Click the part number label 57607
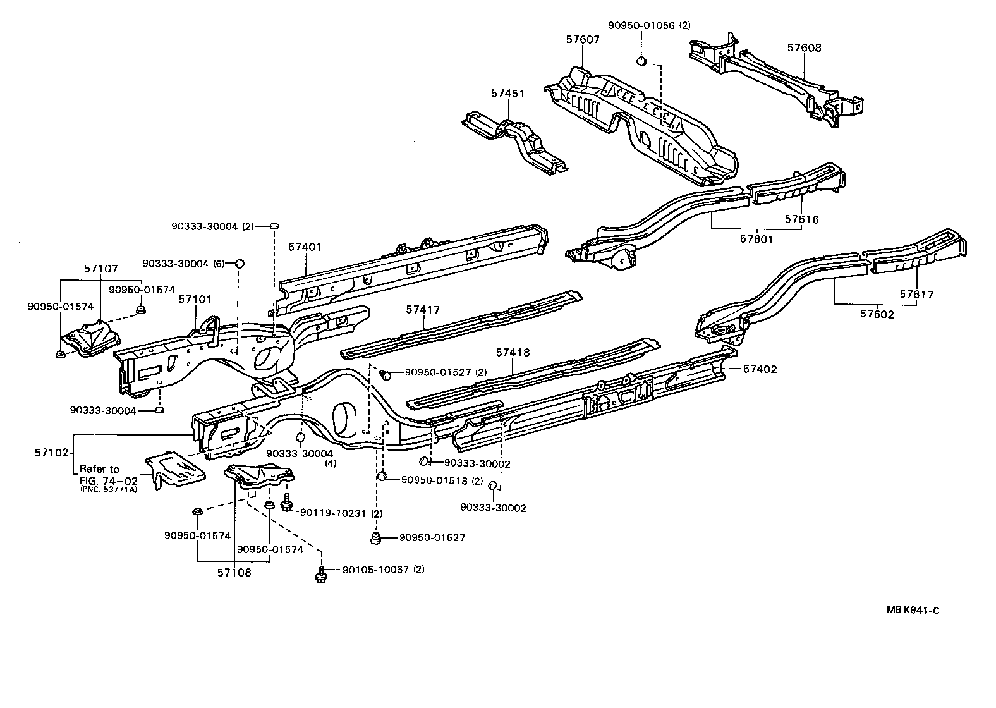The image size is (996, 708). pyautogui.click(x=583, y=40)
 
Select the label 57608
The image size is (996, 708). pyautogui.click(x=804, y=47)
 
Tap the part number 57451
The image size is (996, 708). pyautogui.click(x=507, y=94)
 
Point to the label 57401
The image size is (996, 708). pyautogui.click(x=305, y=247)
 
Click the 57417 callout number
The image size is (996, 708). pyautogui.click(x=422, y=310)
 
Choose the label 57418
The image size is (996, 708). pyautogui.click(x=513, y=353)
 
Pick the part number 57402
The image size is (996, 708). pyautogui.click(x=760, y=369)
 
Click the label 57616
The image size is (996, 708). pyautogui.click(x=801, y=219)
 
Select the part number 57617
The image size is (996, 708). pyautogui.click(x=916, y=294)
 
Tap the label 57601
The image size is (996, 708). pyautogui.click(x=756, y=239)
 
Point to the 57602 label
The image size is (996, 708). pyautogui.click(x=877, y=314)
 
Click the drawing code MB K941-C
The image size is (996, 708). pyautogui.click(x=913, y=610)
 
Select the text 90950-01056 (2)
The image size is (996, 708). pyautogui.click(x=649, y=25)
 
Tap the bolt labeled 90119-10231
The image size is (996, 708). pyautogui.click(x=287, y=502)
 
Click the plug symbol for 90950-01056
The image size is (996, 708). pyautogui.click(x=641, y=61)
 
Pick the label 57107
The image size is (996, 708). pyautogui.click(x=101, y=269)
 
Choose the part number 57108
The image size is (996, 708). pyautogui.click(x=234, y=573)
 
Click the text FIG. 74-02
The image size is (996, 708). pyautogui.click(x=109, y=481)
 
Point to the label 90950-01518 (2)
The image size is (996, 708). pyautogui.click(x=442, y=481)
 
